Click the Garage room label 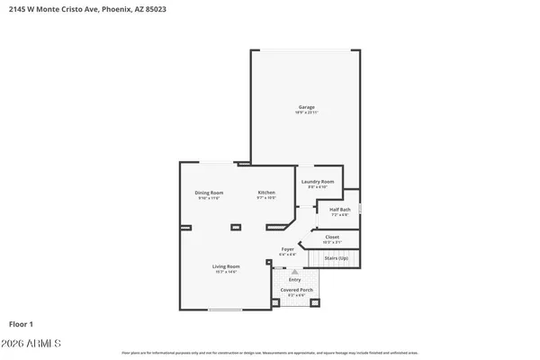tap(307, 107)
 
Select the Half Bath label tap(338, 210)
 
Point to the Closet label tap(332, 237)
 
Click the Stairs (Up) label tap(337, 257)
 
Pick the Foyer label tap(288, 248)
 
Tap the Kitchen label tap(266, 193)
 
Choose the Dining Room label tap(209, 193)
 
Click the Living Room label tap(226, 266)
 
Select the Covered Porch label tap(296, 290)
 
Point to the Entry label tap(295, 279)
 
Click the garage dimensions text tap(307, 112)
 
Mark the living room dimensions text tap(226, 272)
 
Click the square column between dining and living tap(236, 227)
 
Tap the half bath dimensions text tap(338, 215)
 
